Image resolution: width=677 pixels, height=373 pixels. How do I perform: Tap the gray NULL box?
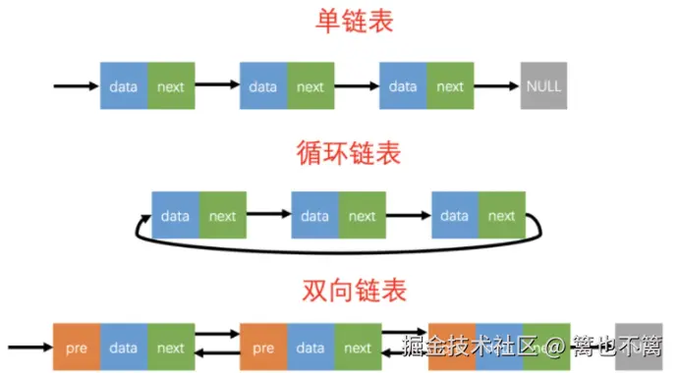coord(543,86)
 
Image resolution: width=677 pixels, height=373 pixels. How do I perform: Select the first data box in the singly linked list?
coord(124,86)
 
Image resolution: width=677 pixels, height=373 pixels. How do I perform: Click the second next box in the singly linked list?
coord(310,86)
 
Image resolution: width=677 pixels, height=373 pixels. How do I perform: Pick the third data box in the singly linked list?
coord(403,86)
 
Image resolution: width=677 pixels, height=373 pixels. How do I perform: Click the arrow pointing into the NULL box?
coord(497,86)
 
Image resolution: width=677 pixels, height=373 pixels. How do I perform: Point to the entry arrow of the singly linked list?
coord(77,86)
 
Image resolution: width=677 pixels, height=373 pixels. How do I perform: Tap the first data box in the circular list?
coord(175,216)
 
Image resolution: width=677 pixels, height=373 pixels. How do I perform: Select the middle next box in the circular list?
coord(363,216)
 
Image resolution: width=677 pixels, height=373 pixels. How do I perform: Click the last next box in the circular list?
coord(502,216)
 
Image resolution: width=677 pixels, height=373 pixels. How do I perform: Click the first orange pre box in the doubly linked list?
coord(77,347)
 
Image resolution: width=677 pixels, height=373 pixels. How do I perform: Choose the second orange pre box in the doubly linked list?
coord(263,347)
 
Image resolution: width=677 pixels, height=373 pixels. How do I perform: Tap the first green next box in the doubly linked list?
coord(171,347)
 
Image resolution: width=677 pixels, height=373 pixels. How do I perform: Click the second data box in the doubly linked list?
coord(310,347)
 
